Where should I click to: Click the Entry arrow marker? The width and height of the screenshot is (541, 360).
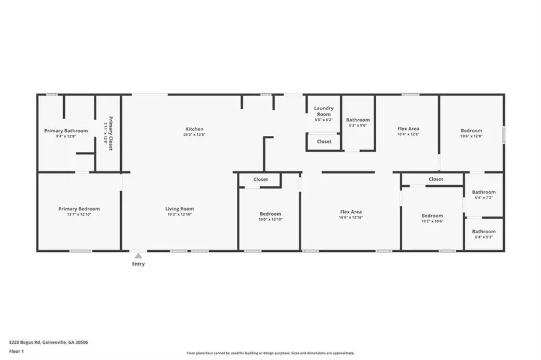[138, 255]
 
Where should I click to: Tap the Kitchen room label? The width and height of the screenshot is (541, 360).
[194, 129]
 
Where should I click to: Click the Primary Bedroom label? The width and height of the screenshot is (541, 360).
[79, 209]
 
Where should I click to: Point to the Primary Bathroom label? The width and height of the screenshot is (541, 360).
[66, 131]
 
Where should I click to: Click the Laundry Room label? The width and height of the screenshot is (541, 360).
[323, 111]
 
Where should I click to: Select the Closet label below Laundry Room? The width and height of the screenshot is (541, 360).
[324, 142]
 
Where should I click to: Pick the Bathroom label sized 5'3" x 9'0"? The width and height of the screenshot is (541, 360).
[358, 120]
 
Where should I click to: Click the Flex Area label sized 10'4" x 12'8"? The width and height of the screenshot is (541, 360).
[408, 129]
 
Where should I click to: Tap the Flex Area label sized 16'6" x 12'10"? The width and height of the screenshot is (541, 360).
[350, 212]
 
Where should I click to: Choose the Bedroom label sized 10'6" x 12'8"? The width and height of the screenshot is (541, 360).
[471, 130]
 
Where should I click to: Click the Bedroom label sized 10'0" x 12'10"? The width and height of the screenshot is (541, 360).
[270, 214]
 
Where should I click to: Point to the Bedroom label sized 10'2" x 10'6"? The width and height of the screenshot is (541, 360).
[432, 216]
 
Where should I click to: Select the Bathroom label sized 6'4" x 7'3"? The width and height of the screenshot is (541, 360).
[484, 192]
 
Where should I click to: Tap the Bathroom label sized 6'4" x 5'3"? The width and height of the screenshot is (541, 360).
[484, 231]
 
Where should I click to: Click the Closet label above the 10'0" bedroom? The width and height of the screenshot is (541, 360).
[260, 180]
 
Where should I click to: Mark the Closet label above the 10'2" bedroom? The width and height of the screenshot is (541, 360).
[436, 179]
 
